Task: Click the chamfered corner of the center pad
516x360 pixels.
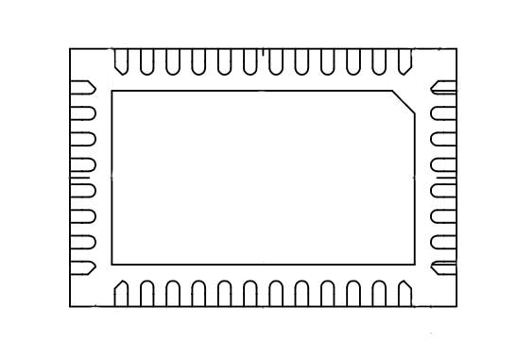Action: tap(404, 103)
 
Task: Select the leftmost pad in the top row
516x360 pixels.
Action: tap(121, 60)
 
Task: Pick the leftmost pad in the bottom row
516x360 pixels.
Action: tap(121, 292)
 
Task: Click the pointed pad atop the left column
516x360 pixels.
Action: tap(82, 89)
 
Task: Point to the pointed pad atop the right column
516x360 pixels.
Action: tap(443, 89)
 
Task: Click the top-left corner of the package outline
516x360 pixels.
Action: tap(70, 48)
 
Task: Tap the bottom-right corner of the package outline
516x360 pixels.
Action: tap(456, 307)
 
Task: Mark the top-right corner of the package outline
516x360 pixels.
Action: tap(456, 48)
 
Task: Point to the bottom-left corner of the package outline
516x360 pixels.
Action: tap(70, 307)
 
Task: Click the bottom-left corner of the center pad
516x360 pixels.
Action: tap(112, 264)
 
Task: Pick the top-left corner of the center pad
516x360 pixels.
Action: tap(112, 92)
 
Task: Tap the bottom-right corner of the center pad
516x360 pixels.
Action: tap(415, 264)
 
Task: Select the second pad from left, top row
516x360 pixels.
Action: tap(146, 60)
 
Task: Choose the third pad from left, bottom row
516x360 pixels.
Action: tap(173, 292)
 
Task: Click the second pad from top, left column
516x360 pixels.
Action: tap(83, 114)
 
